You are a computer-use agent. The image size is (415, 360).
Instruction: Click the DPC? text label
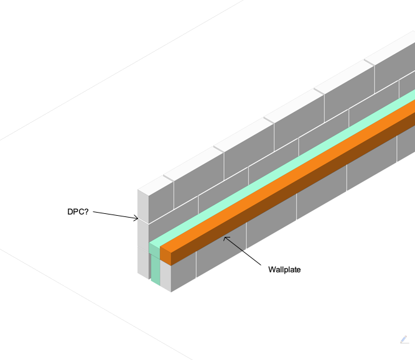tap(78, 212)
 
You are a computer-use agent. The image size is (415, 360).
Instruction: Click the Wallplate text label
tap(284, 270)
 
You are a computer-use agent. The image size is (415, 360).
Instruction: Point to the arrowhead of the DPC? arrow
tap(136, 218)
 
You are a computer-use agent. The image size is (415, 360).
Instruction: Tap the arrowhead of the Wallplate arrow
tap(226, 239)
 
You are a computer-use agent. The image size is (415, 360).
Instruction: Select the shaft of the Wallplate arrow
tap(243, 251)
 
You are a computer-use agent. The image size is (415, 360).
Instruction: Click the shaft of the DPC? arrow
tap(115, 215)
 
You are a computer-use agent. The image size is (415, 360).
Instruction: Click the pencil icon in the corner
tap(404, 339)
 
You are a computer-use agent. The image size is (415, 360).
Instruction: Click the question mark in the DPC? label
tap(86, 211)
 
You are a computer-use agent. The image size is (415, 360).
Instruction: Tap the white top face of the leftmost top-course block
tap(155, 186)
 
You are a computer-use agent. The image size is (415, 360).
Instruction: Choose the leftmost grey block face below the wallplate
tap(184, 271)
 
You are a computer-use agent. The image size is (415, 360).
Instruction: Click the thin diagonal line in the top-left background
tap(121, 70)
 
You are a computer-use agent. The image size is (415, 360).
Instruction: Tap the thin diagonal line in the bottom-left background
tap(96, 304)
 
